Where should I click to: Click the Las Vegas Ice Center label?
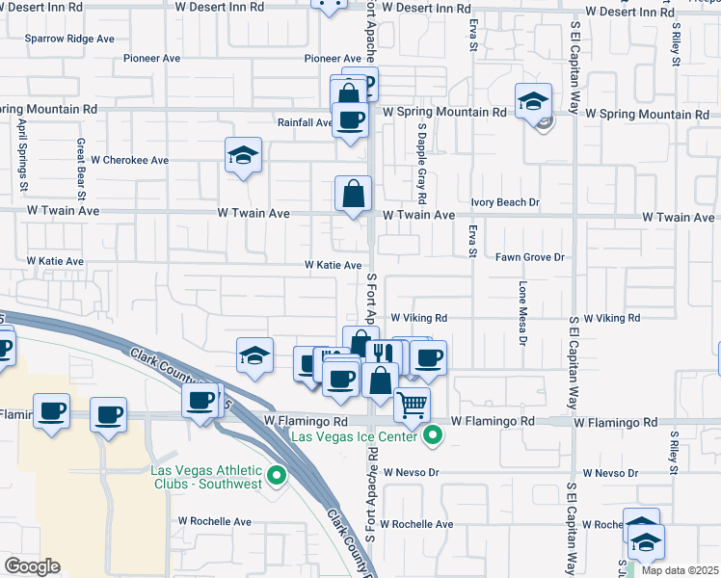click(x=357, y=436)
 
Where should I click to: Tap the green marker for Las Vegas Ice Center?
click(x=433, y=436)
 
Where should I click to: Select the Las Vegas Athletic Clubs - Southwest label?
click(x=207, y=477)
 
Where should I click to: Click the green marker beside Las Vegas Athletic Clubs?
click(x=278, y=474)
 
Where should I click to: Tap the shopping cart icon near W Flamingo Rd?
click(x=413, y=404)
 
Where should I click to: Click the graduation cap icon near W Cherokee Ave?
click(x=244, y=155)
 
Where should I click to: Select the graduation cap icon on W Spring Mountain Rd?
click(x=533, y=99)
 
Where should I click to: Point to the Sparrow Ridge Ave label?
click(x=69, y=39)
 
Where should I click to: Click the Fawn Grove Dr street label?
click(x=529, y=257)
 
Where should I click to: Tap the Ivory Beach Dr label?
click(x=505, y=203)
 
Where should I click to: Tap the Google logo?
click(x=33, y=565)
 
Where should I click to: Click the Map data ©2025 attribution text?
click(x=681, y=570)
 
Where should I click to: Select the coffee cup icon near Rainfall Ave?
click(x=350, y=119)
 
